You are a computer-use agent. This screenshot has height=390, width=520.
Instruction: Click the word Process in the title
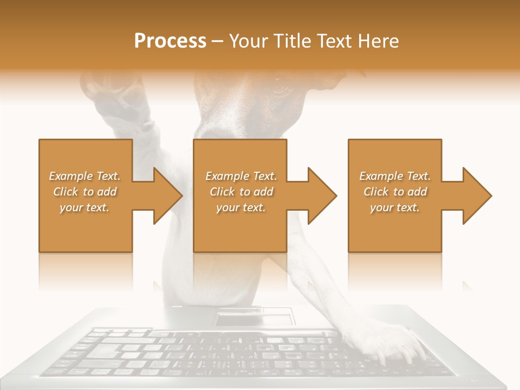(170, 41)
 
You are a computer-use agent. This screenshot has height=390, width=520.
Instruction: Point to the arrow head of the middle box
(321, 196)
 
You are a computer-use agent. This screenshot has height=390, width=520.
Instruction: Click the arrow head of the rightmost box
(476, 196)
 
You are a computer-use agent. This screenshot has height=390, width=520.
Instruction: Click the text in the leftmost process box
(85, 192)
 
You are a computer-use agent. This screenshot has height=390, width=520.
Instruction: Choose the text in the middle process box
(240, 192)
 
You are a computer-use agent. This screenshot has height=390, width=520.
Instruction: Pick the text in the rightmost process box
(395, 192)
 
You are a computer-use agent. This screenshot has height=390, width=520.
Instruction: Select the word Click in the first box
(66, 192)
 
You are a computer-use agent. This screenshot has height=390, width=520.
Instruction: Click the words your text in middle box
(240, 207)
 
